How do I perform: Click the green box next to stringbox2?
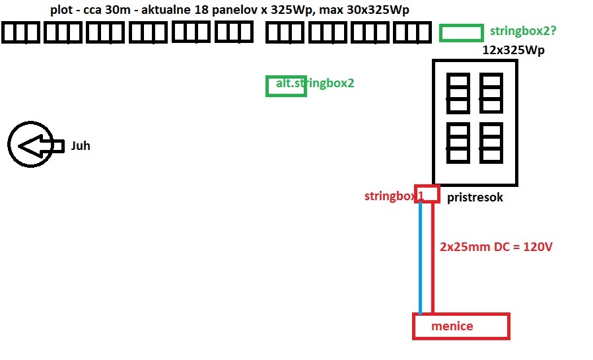pyautogui.click(x=461, y=32)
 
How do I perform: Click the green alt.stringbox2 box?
pyautogui.click(x=286, y=86)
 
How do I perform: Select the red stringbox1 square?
pyautogui.click(x=427, y=194)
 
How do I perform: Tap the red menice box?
pyautogui.click(x=461, y=327)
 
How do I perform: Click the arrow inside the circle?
pyautogui.click(x=36, y=146)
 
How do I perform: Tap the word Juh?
pyautogui.click(x=81, y=146)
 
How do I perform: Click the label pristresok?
pyautogui.click(x=475, y=197)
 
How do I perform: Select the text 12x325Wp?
pyautogui.click(x=513, y=50)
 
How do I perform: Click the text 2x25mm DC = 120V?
pyautogui.click(x=496, y=247)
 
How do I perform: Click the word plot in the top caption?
pyautogui.click(x=61, y=11)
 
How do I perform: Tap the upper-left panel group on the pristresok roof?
pyautogui.click(x=458, y=93)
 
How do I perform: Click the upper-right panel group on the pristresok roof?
pyautogui.click(x=492, y=93)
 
